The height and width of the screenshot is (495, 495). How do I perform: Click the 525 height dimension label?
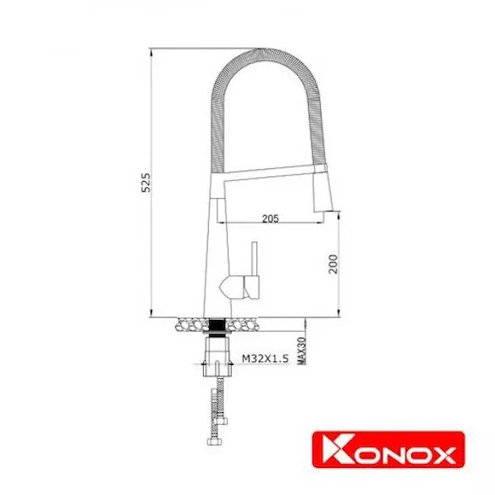[146, 183]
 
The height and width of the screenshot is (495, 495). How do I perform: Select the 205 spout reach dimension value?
[271, 218]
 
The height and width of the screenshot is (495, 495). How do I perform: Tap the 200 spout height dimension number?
[333, 264]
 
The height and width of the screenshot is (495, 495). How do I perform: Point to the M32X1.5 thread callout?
[265, 358]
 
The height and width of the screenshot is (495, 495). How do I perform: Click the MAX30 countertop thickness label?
[302, 350]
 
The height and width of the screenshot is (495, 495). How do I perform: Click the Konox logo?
[388, 449]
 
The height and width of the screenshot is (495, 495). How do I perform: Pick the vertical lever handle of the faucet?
[254, 259]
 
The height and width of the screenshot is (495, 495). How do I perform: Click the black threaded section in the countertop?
[217, 325]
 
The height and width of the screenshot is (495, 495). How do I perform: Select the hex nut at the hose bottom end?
[214, 441]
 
